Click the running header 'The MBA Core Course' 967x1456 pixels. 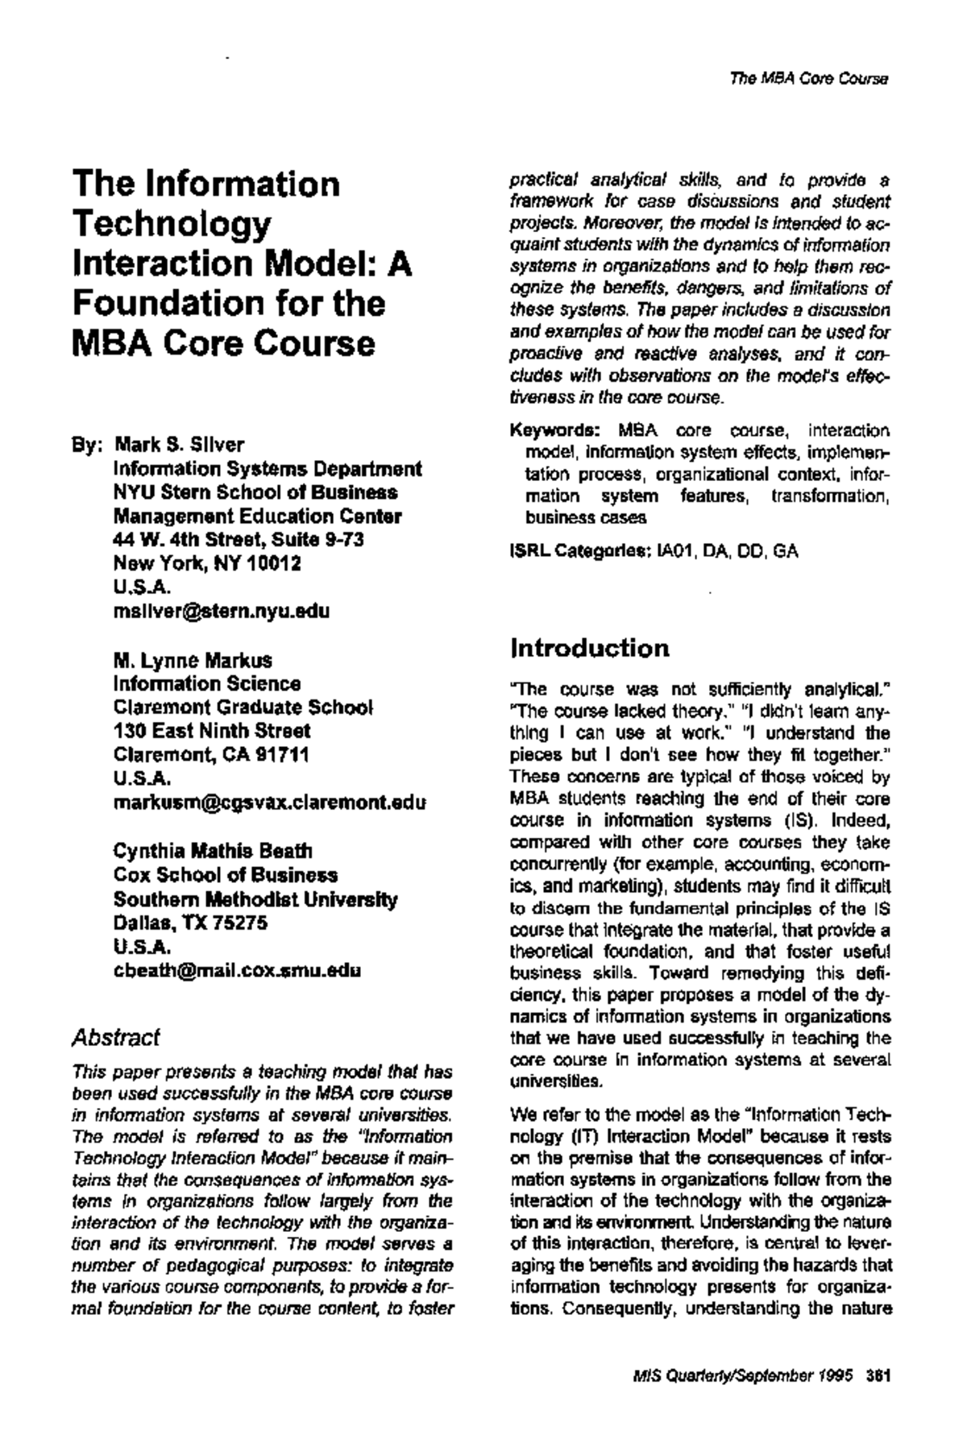point(807,80)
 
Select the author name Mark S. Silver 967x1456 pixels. point(180,445)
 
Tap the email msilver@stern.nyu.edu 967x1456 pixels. point(222,611)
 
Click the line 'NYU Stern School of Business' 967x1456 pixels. point(255,492)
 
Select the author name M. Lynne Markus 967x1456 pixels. point(193,661)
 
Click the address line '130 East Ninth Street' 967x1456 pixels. point(212,732)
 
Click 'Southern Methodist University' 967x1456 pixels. point(255,899)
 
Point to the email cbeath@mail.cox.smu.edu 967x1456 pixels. point(237,970)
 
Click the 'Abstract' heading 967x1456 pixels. point(115,1038)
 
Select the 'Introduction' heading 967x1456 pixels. point(590,648)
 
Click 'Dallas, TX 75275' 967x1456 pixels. point(190,923)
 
